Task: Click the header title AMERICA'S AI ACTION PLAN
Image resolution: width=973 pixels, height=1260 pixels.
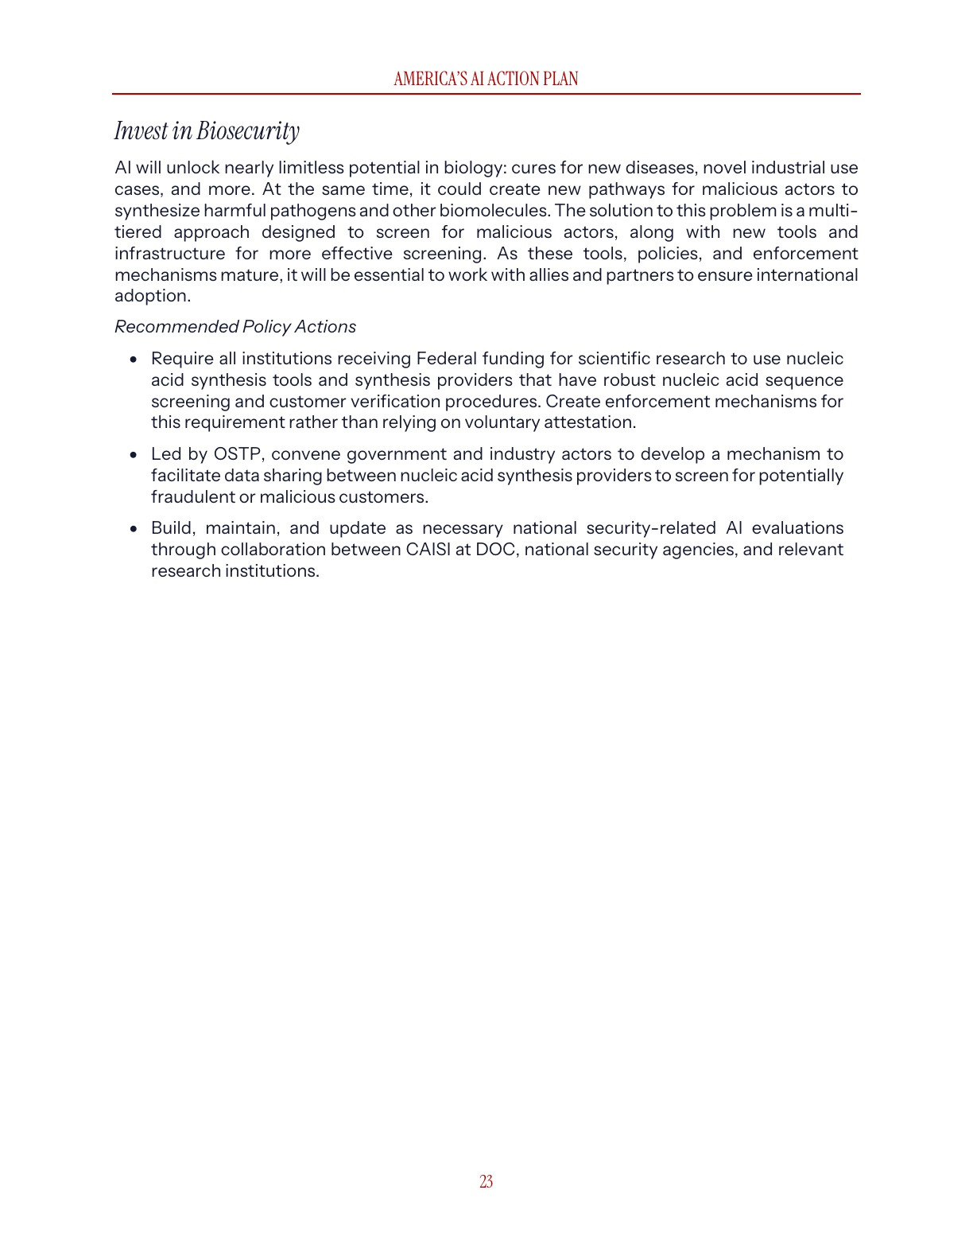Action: coord(486,79)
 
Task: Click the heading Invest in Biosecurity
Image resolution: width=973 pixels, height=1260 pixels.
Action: coord(207,130)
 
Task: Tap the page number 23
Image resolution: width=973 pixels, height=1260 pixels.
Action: coord(486,1181)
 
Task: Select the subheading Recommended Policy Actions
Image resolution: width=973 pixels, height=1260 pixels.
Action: coord(235,327)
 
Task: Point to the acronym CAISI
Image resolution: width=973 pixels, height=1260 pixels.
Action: coord(428,550)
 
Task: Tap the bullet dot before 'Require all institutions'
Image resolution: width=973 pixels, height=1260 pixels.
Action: coord(134,360)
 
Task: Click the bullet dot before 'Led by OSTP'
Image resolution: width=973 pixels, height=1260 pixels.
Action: coord(134,455)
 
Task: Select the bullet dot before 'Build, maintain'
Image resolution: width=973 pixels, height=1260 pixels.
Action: coord(134,529)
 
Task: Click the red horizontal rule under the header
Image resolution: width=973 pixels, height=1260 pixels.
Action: coord(486,94)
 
